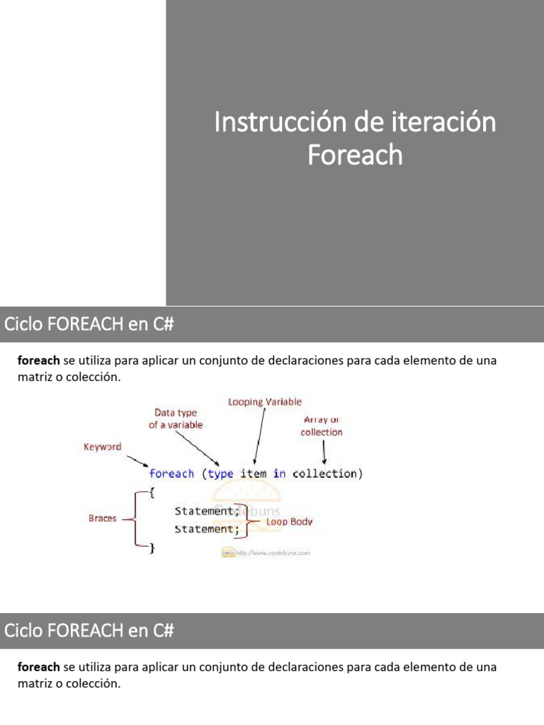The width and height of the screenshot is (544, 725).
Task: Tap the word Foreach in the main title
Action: click(355, 154)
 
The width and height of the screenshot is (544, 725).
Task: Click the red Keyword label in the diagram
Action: click(103, 447)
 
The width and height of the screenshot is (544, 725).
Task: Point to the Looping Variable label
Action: click(264, 402)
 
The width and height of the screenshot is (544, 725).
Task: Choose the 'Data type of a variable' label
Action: click(176, 418)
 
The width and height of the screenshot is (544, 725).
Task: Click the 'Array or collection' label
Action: click(322, 426)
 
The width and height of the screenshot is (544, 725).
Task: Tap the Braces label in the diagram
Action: click(103, 518)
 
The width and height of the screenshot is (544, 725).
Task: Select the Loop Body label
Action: click(289, 522)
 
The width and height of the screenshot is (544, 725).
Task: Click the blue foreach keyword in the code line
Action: click(171, 474)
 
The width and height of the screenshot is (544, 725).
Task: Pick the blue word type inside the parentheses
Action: click(220, 474)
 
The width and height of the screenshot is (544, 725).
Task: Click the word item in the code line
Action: click(254, 474)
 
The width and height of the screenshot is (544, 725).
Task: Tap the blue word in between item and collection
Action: click(280, 474)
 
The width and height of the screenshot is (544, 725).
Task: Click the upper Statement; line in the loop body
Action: click(207, 510)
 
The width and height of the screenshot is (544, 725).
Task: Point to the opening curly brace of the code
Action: click(152, 492)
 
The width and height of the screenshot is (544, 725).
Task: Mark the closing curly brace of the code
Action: click(152, 547)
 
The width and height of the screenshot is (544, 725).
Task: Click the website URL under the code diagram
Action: click(273, 553)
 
